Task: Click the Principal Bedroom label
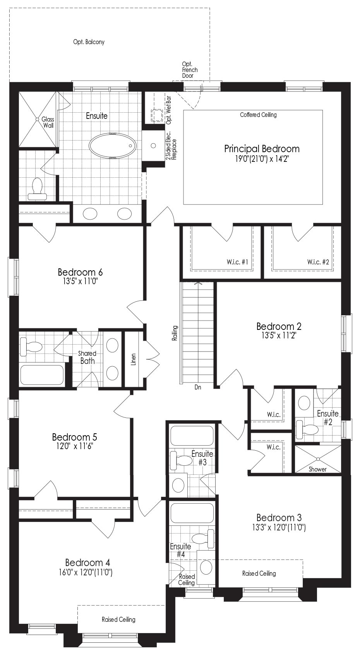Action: (262, 149)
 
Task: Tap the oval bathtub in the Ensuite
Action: (112, 146)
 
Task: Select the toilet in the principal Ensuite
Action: (37, 189)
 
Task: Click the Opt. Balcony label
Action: (89, 42)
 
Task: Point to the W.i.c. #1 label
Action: (237, 262)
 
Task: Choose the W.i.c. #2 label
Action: (318, 262)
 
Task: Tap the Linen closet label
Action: (134, 359)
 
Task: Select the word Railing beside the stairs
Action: (175, 333)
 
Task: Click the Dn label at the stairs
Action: (198, 388)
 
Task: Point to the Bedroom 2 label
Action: (279, 326)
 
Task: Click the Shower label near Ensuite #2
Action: (317, 469)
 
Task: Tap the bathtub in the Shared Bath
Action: (42, 375)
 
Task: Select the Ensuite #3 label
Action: (202, 458)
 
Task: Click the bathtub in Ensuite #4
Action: (192, 513)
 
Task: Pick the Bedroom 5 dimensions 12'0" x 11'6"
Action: (74, 446)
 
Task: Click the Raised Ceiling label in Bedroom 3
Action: (259, 573)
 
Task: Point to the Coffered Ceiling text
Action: (259, 115)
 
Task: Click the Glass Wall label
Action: (48, 122)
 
